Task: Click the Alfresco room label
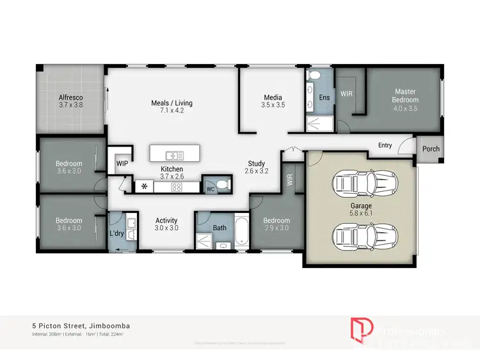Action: pyautogui.click(x=71, y=98)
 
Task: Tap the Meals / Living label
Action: pyautogui.click(x=172, y=103)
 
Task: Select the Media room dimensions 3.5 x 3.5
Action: pyautogui.click(x=272, y=105)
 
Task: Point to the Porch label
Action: pyautogui.click(x=431, y=149)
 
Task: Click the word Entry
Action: pyautogui.click(x=385, y=145)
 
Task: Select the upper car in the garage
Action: pyautogui.click(x=365, y=184)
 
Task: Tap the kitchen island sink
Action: pyautogui.click(x=173, y=155)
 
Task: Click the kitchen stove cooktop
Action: pyautogui.click(x=176, y=187)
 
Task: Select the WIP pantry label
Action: pyautogui.click(x=122, y=163)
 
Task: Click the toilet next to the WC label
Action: pyautogui.click(x=221, y=185)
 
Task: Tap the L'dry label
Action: pyautogui.click(x=116, y=233)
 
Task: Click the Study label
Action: pyautogui.click(x=256, y=164)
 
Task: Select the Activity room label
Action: pyautogui.click(x=166, y=221)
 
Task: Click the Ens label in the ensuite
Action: pyautogui.click(x=324, y=97)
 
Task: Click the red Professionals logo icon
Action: pyautogui.click(x=358, y=329)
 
